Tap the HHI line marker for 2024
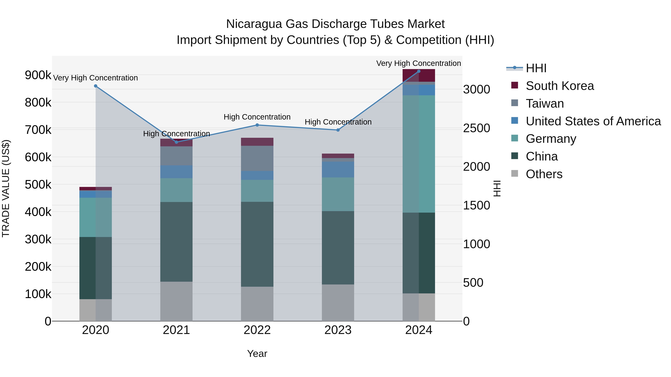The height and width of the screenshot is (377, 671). [x=419, y=71]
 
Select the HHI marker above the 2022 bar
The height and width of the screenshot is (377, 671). [x=257, y=125]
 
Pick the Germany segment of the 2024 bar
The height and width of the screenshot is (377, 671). [x=419, y=154]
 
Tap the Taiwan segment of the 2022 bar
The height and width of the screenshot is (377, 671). [x=257, y=158]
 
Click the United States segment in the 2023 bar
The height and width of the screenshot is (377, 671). [x=338, y=169]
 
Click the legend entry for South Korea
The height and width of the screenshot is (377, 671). [x=560, y=86]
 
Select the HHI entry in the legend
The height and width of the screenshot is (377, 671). [x=536, y=68]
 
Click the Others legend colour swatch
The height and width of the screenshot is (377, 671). [x=515, y=174]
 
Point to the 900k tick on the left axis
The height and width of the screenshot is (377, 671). [x=38, y=75]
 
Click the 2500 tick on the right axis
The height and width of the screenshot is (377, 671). [x=476, y=128]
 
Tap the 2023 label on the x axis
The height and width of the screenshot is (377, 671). [x=338, y=330]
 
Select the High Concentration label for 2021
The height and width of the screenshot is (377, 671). [x=176, y=134]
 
